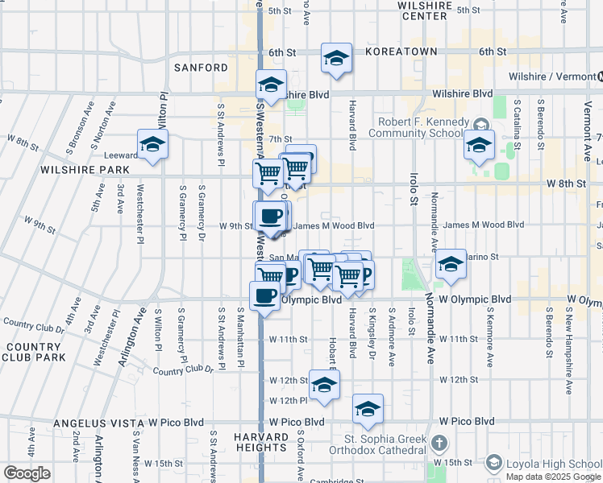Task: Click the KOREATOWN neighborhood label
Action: pos(401,52)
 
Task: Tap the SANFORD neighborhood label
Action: pos(201,68)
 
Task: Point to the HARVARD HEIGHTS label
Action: pos(261,442)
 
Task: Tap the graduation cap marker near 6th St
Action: pos(336,58)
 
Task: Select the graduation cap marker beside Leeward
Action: pos(152,145)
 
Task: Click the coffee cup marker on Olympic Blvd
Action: pos(265,296)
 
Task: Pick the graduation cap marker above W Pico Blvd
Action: pos(368,409)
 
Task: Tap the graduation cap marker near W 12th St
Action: pos(324,386)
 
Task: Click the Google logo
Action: pos(27,473)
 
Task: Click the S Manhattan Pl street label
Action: pos(240,338)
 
